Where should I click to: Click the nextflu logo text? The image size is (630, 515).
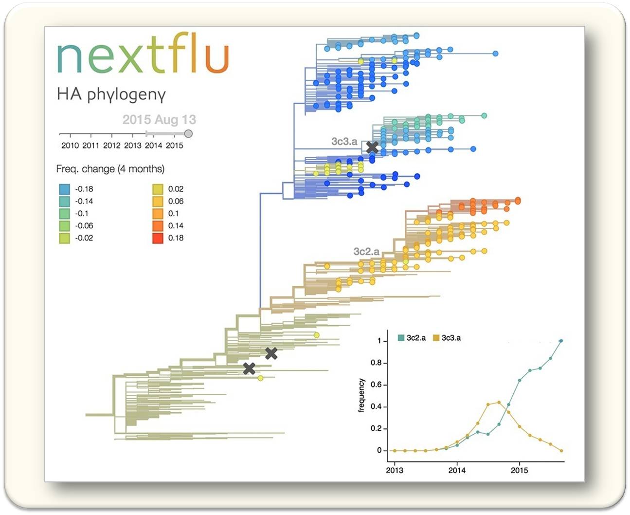click(x=143, y=53)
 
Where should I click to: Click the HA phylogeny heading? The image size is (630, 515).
click(x=111, y=94)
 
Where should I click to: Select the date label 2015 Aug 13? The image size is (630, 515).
click(x=159, y=120)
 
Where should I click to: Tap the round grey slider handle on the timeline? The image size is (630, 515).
click(x=188, y=133)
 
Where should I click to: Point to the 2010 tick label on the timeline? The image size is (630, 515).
click(x=70, y=146)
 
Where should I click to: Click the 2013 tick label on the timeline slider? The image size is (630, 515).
click(x=133, y=146)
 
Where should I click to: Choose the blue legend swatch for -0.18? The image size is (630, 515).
click(x=65, y=189)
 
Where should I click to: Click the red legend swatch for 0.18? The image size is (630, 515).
click(x=158, y=238)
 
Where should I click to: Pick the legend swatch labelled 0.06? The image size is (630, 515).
click(x=158, y=201)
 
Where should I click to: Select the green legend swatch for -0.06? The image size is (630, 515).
click(x=65, y=226)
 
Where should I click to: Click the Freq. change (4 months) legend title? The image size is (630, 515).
click(x=110, y=169)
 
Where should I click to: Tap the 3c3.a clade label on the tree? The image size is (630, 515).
click(x=344, y=141)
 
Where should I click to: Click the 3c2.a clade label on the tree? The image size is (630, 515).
click(x=366, y=251)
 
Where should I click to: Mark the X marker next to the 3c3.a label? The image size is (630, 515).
click(x=372, y=147)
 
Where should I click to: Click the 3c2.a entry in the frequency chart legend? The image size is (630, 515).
click(x=412, y=338)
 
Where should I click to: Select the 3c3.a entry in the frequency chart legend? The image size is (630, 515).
click(x=447, y=338)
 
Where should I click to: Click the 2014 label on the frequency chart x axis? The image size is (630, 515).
click(x=457, y=471)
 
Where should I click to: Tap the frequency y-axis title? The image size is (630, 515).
click(x=361, y=395)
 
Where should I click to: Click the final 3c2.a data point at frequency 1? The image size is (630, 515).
click(x=561, y=341)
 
